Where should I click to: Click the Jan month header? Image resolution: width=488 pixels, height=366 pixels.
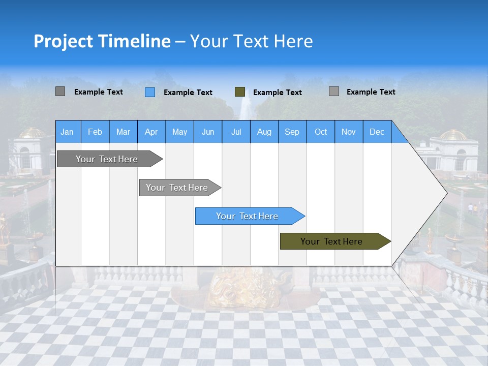pos(67,132)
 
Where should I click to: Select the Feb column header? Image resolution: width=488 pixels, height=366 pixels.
pos(95,132)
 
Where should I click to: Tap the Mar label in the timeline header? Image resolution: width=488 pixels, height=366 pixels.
pos(123,132)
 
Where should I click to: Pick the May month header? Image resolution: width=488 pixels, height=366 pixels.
pos(179,132)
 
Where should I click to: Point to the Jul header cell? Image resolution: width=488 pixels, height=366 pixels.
pos(236,132)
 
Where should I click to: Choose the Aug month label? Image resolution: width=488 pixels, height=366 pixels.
pos(264,132)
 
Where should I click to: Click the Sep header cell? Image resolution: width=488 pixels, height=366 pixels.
pos(292,132)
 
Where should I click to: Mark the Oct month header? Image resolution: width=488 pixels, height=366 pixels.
pos(321,132)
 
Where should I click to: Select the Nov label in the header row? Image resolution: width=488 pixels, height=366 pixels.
pos(349,132)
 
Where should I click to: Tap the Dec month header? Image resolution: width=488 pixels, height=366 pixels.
pos(377,132)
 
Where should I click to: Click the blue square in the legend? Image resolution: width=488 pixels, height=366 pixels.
pos(150,92)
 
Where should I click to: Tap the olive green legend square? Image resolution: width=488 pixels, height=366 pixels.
pos(240,92)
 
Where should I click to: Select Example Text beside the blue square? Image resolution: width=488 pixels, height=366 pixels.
pos(188,93)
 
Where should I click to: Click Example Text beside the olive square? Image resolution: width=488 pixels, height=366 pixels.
pos(278,93)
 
